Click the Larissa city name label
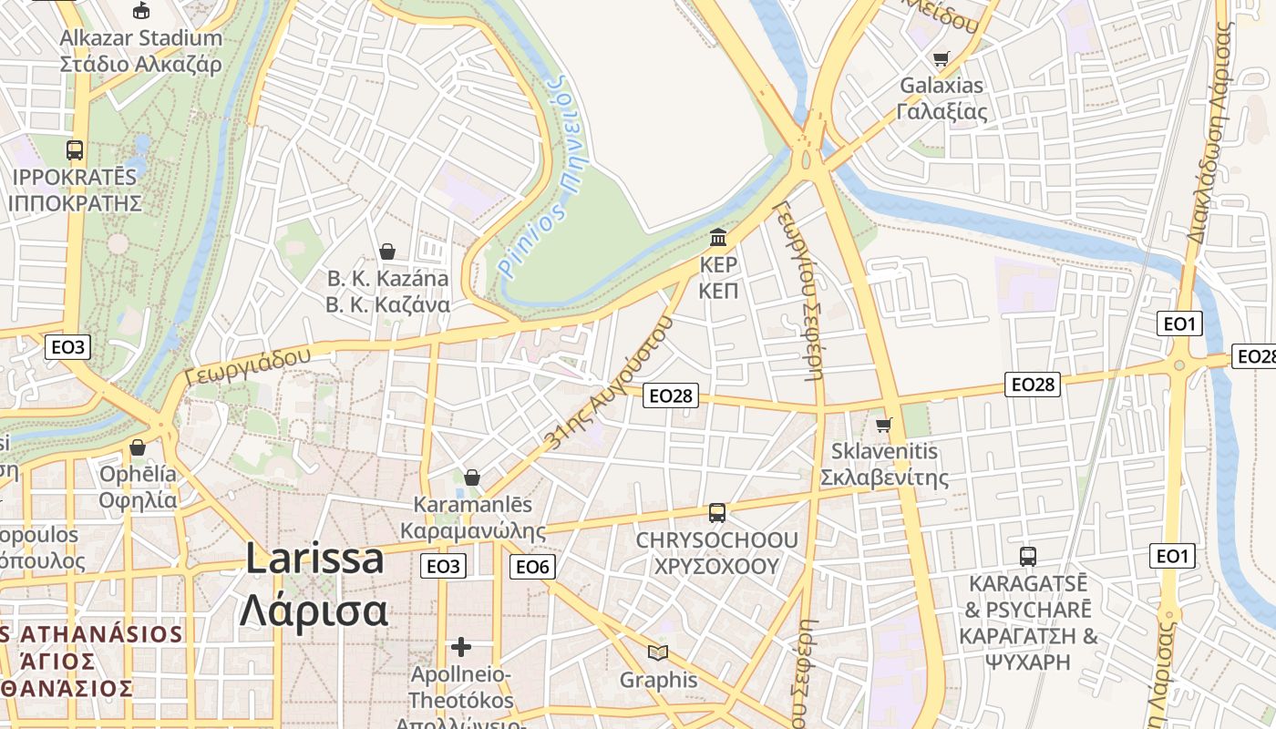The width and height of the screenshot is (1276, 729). click(314, 583)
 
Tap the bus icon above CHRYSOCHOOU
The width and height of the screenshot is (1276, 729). click(717, 513)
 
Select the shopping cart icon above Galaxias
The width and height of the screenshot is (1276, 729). click(941, 59)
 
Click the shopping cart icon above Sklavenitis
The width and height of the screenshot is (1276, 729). click(883, 425)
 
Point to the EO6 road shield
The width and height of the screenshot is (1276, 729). click(532, 567)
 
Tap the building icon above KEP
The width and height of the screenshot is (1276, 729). click(718, 238)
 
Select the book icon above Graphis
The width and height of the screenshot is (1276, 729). click(657, 652)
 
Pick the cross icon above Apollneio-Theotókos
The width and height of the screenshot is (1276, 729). click(461, 647)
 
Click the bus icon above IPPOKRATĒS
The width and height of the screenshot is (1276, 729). click(75, 150)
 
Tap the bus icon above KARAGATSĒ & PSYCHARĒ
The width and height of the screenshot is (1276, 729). click(1028, 556)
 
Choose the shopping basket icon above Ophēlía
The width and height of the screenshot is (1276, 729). click(138, 447)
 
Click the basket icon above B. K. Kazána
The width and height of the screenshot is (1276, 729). click(387, 252)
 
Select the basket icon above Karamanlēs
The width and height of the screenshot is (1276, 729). click(472, 477)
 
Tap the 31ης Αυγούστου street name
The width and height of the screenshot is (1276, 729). click(610, 382)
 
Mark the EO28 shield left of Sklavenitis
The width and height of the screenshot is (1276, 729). click(670, 395)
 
